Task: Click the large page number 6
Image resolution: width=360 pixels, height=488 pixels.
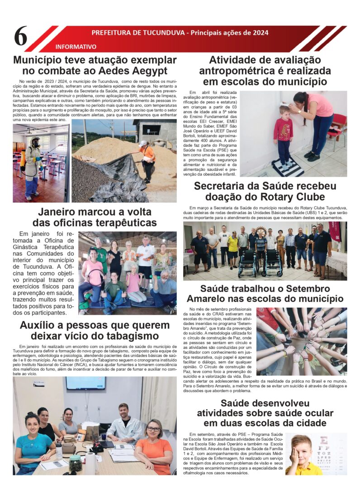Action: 21,37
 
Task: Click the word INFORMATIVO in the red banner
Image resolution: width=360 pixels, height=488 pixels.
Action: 76,47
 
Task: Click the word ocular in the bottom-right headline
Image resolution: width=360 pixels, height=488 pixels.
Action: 318,413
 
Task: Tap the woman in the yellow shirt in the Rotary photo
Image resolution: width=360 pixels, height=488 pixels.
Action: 232,249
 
